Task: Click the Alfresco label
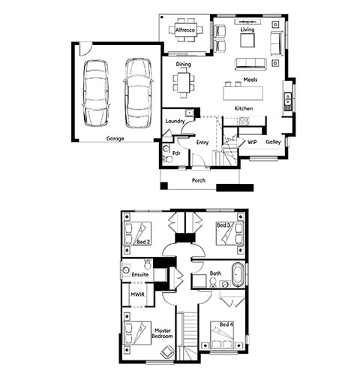(x=185, y=30)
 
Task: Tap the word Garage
(x=115, y=138)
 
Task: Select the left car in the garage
(x=96, y=93)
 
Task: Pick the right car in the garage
(x=138, y=93)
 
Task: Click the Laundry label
(x=175, y=122)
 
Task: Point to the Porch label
(x=199, y=180)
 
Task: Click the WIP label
(x=252, y=142)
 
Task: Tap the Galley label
(x=273, y=142)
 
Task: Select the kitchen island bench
(x=243, y=93)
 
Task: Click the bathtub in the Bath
(x=238, y=275)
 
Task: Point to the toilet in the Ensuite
(x=148, y=264)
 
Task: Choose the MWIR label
(x=138, y=294)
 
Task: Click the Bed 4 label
(x=226, y=324)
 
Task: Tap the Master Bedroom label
(x=162, y=333)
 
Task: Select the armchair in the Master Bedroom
(x=167, y=351)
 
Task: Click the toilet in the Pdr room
(x=167, y=158)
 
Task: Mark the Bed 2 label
(x=143, y=242)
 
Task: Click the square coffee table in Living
(x=247, y=41)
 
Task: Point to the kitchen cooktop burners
(x=244, y=121)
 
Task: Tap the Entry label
(x=202, y=143)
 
